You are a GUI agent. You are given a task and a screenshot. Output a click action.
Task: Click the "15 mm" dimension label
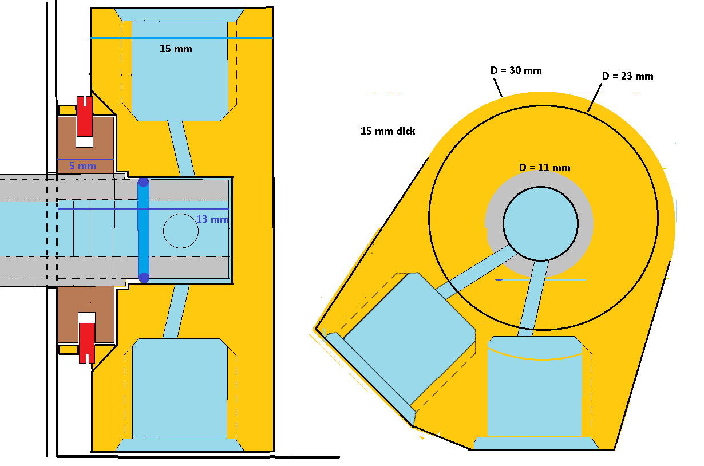coord(176,49)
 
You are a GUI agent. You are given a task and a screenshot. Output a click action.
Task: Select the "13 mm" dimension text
coord(212,219)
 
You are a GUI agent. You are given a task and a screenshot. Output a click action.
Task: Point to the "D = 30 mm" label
coord(516,71)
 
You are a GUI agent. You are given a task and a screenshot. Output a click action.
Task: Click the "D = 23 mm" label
coord(627,76)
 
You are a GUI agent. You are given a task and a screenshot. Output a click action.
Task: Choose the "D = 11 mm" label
coord(544,168)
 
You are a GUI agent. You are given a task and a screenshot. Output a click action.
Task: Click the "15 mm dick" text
coord(387,131)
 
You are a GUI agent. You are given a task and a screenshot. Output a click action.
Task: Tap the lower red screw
coord(86,340)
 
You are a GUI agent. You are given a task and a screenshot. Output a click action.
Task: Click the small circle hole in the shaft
coord(180,231)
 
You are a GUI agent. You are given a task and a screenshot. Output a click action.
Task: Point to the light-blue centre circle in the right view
coord(540,223)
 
